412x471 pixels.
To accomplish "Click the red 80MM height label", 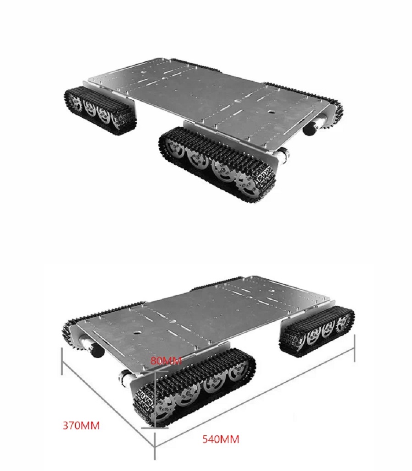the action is tap(166, 361).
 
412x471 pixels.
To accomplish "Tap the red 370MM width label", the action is tap(81, 425).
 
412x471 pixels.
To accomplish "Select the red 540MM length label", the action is tap(221, 439).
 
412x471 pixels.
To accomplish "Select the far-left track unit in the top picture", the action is tap(101, 110).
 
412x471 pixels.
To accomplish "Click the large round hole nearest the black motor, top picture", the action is tap(272, 112).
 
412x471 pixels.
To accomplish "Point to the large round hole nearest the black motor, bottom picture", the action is tap(136, 333).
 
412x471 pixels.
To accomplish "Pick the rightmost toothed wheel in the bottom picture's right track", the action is tap(342, 325).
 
